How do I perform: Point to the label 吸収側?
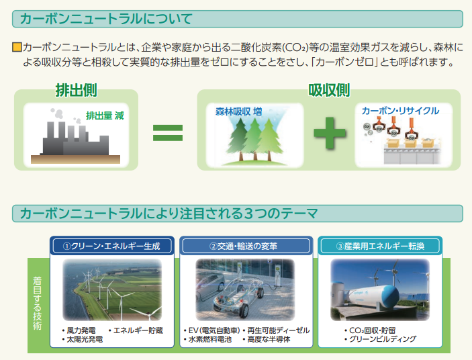[328, 90]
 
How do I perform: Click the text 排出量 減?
[105, 116]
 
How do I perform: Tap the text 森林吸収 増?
[238, 111]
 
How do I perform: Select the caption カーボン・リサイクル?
[400, 110]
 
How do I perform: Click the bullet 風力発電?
[81, 330]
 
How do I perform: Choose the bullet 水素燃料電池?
[209, 340]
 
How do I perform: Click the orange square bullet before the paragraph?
[17, 48]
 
